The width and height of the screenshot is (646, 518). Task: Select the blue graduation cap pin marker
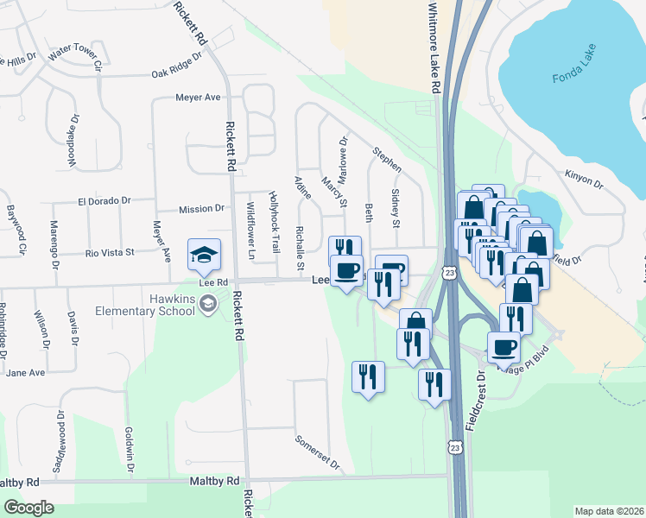tap(204, 255)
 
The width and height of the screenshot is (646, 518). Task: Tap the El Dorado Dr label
tap(104, 200)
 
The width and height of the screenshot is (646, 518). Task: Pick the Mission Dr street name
tap(201, 209)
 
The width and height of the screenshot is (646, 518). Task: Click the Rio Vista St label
tap(110, 253)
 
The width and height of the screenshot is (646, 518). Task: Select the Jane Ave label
tap(25, 372)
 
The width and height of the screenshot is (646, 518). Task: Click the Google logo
tap(28, 508)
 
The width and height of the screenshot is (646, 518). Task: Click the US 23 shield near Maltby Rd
tap(454, 445)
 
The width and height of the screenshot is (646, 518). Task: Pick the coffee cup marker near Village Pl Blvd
tap(505, 348)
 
